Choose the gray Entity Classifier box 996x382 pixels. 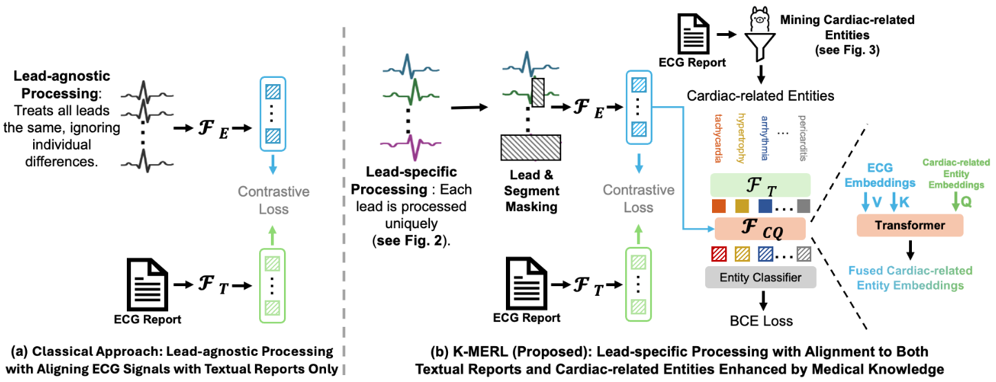(760, 277)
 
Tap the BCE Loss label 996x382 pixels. (761, 321)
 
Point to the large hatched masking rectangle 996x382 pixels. (530, 148)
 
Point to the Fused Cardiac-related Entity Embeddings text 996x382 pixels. (911, 277)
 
